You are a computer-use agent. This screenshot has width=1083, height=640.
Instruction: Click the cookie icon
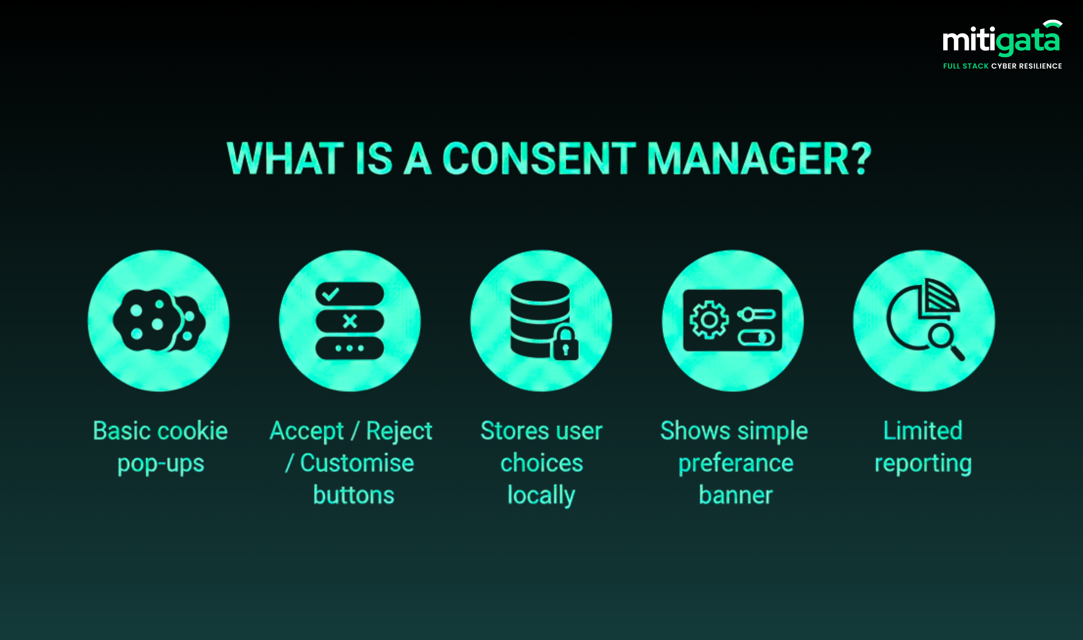(x=159, y=320)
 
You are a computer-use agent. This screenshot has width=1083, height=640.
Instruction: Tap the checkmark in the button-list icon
(x=330, y=294)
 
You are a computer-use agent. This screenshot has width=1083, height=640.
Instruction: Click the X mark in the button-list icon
(x=350, y=321)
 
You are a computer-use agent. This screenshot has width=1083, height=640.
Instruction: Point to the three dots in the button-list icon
(x=350, y=348)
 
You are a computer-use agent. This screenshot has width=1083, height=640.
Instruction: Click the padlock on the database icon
(x=566, y=344)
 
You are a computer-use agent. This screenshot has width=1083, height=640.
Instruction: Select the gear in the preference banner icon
(x=709, y=320)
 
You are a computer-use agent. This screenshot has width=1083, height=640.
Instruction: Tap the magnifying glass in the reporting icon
(x=946, y=343)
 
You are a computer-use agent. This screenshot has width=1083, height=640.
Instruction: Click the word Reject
(x=399, y=431)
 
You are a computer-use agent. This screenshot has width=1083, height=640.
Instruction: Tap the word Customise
(x=357, y=463)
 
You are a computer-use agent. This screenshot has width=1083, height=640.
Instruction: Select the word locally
(x=541, y=496)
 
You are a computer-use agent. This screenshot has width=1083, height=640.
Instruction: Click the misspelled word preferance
(x=736, y=464)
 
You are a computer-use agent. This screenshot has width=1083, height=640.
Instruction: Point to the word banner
(x=736, y=495)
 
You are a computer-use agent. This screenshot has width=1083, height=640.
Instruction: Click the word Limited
(x=923, y=431)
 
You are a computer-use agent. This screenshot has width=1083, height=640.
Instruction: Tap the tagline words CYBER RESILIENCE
(x=1026, y=66)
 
